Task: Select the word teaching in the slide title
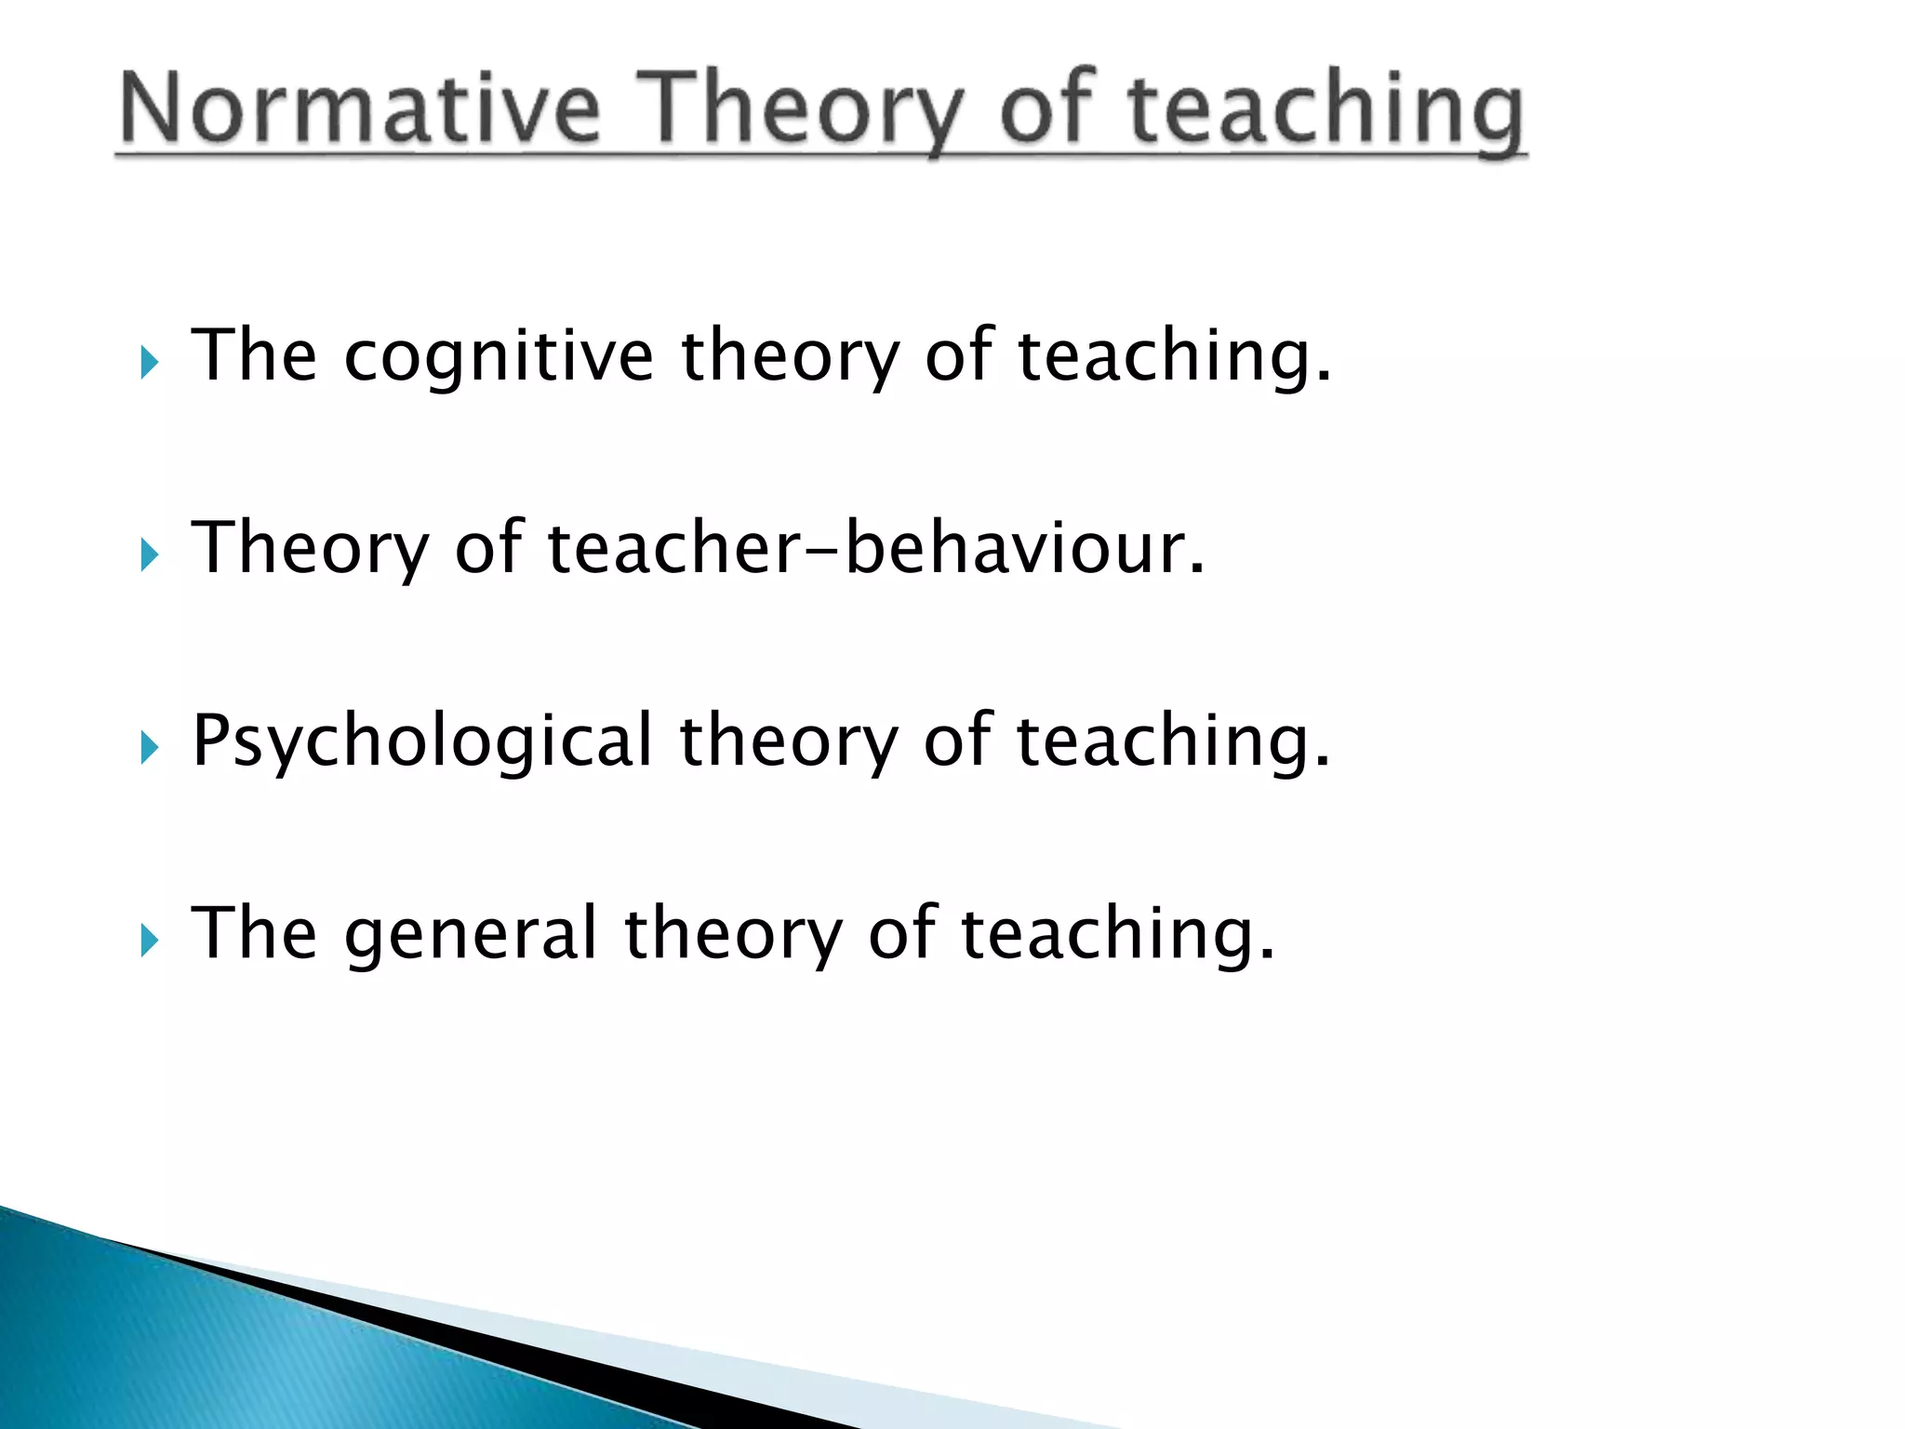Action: click(1326, 109)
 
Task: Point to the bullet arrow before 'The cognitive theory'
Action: click(150, 363)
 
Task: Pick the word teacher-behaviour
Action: click(875, 548)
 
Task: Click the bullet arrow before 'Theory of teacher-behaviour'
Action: click(150, 555)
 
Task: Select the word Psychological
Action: click(422, 741)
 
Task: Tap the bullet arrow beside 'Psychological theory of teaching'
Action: click(150, 747)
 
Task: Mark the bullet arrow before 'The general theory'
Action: click(150, 941)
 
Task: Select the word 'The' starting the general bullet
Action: click(253, 934)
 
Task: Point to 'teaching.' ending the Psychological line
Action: click(1173, 741)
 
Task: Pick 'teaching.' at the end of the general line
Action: click(1117, 934)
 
